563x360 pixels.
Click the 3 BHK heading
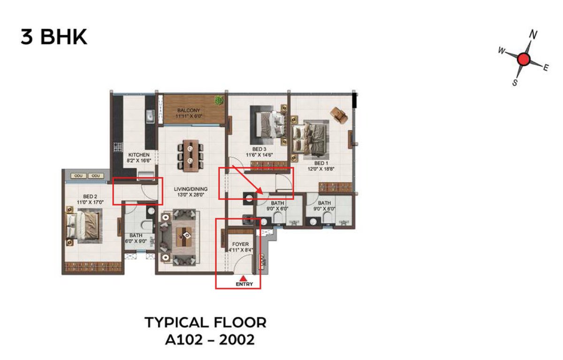[x=54, y=37]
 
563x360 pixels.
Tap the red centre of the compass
[x=524, y=59]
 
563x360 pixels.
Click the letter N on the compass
[x=533, y=34]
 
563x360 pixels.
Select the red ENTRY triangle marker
[x=243, y=278]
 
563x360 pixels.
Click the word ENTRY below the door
[x=244, y=284]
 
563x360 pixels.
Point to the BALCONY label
[x=189, y=110]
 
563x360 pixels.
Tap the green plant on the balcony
[x=219, y=100]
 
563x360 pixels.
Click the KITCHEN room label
[x=139, y=155]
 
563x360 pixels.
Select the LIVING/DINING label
[x=191, y=189]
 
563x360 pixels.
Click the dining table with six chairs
[x=190, y=156]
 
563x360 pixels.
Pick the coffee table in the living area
[x=185, y=237]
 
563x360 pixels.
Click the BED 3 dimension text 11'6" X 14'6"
[x=259, y=155]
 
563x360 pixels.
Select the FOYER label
[x=241, y=244]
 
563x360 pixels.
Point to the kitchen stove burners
[x=118, y=147]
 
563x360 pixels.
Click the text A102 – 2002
[x=210, y=340]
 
